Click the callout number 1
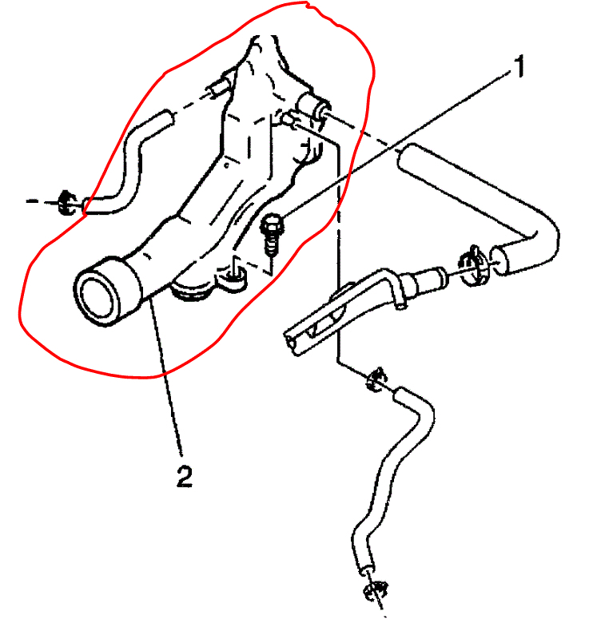tap(519, 68)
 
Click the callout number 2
tap(184, 478)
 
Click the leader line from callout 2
tap(169, 383)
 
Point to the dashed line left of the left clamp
tap(40, 201)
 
